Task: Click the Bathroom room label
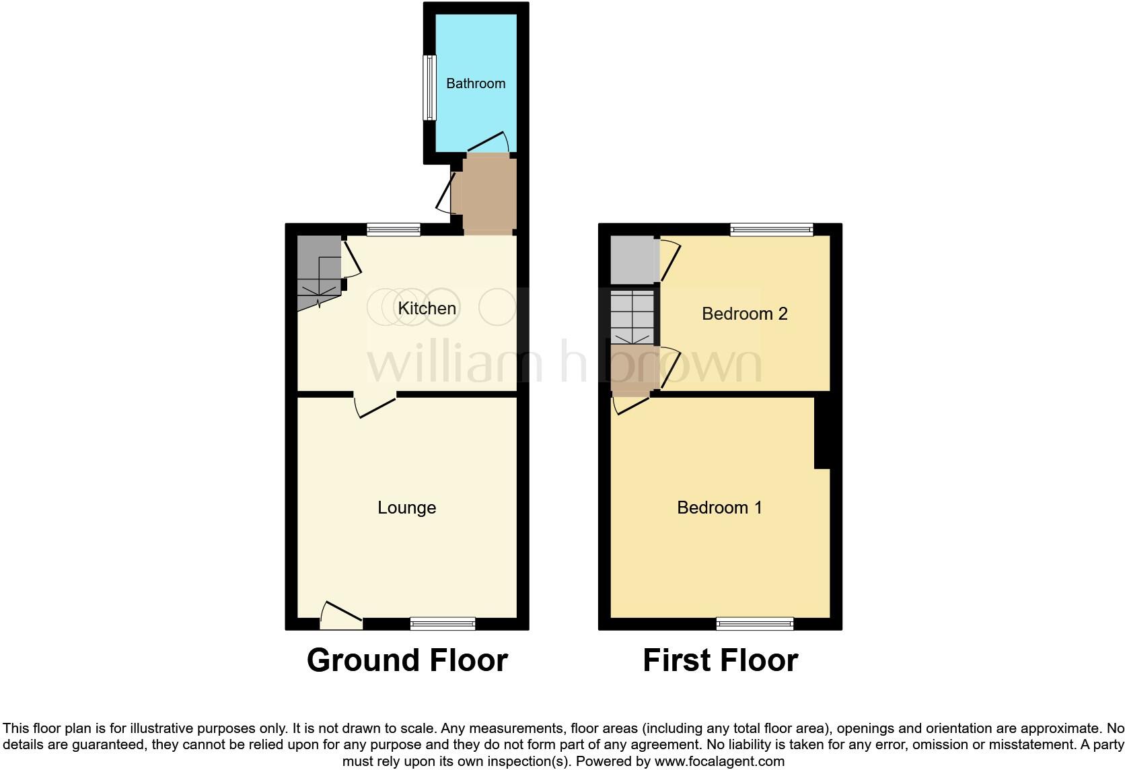[x=475, y=83]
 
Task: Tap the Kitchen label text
[x=427, y=308]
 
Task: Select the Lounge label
[x=406, y=508]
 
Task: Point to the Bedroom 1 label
[x=719, y=508]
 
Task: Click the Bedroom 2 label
[x=744, y=314]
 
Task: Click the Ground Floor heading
[x=407, y=660]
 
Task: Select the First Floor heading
[x=720, y=660]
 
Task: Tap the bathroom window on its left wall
[x=429, y=87]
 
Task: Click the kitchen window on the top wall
[x=394, y=230]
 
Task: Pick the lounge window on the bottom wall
[x=443, y=623]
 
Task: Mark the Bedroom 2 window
[x=772, y=230]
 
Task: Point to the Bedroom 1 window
[x=755, y=623]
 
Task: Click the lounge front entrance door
[x=342, y=615]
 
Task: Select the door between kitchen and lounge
[x=375, y=404]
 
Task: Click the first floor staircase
[x=632, y=316]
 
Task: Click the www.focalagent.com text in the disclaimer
[x=719, y=762]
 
